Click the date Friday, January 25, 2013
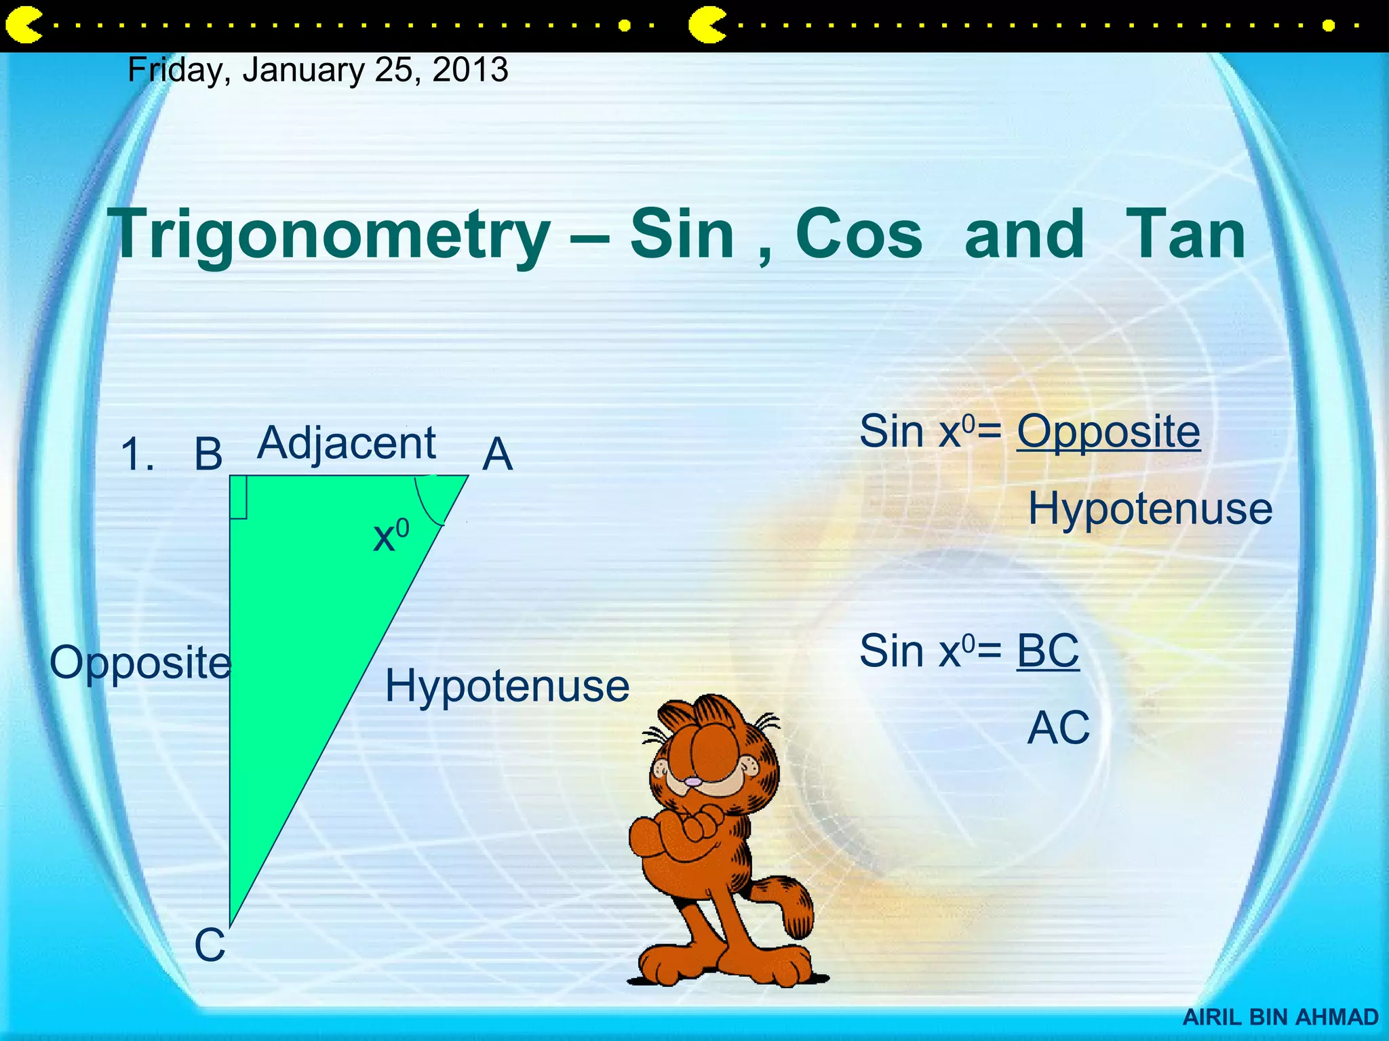317,70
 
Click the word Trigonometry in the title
332,234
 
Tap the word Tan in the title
1185,234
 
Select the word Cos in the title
858,234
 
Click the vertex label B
208,454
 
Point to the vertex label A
497,454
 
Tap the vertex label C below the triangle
210,945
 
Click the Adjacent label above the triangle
347,444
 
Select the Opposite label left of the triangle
140,663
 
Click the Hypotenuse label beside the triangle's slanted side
507,686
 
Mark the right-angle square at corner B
238,497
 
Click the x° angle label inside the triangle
391,535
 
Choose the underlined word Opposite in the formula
1108,432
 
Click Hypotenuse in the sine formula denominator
1150,508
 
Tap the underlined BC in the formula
1048,651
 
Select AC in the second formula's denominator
1058,728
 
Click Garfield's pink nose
692,781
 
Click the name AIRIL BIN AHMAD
1280,1017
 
